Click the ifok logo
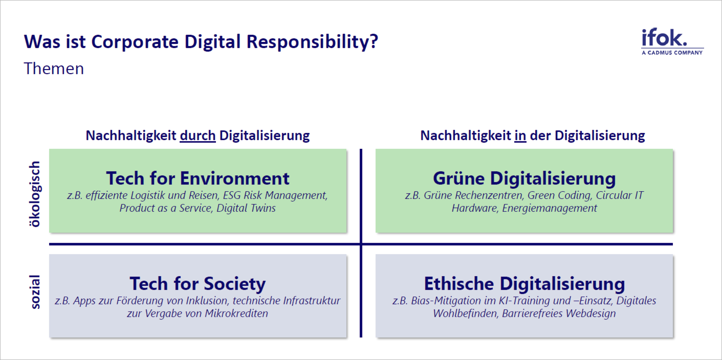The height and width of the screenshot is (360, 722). point(672,42)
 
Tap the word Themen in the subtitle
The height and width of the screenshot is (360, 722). point(54,69)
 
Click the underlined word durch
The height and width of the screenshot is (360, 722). point(198,136)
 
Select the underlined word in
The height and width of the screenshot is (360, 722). point(520,136)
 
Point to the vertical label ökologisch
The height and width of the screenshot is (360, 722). point(35,194)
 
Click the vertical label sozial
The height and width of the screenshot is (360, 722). point(35,292)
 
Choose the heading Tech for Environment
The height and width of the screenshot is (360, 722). point(198,178)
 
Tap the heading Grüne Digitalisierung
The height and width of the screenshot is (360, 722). point(524,178)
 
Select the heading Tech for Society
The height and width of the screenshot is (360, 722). point(198,283)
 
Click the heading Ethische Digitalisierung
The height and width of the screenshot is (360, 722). point(524,283)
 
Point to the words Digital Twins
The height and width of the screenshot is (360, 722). point(246,208)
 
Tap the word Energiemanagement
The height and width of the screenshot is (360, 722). point(550,208)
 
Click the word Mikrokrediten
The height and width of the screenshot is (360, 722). point(236,313)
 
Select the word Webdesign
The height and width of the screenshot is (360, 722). point(591,313)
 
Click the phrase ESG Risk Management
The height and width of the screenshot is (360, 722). point(275,195)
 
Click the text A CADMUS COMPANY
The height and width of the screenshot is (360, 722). point(672,53)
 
